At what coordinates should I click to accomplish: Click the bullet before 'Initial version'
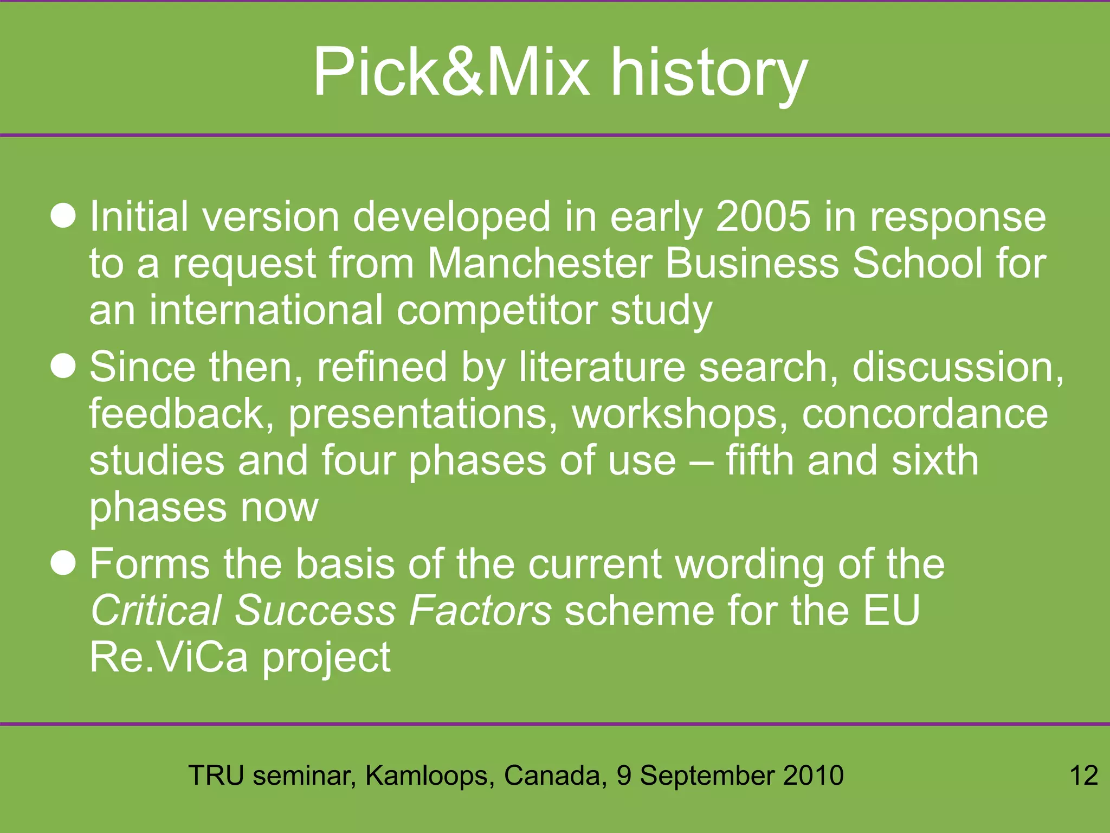pyautogui.click(x=63, y=216)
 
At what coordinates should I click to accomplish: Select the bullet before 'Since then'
pyautogui.click(x=63, y=367)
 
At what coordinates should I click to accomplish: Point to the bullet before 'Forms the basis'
pyautogui.click(x=63, y=563)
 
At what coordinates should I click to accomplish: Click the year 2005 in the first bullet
pyautogui.click(x=763, y=217)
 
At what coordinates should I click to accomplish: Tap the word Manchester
pyautogui.click(x=540, y=264)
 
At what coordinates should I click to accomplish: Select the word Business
pyautogui.click(x=752, y=264)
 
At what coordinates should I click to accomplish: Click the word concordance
pyautogui.click(x=925, y=414)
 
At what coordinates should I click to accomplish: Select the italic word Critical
pyautogui.click(x=156, y=611)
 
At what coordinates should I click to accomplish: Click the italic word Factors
pyautogui.click(x=480, y=611)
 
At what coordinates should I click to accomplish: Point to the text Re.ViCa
pyautogui.click(x=169, y=657)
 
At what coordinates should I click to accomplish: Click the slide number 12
pyautogui.click(x=1083, y=776)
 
